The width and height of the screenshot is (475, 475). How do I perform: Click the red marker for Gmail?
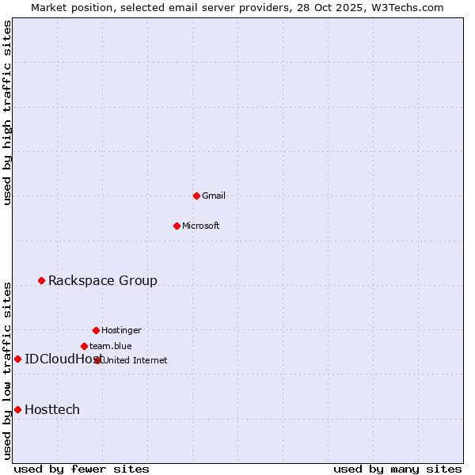tap(196, 196)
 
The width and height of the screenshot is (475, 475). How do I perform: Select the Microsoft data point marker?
tap(177, 226)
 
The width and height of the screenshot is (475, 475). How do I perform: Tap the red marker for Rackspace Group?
tap(41, 280)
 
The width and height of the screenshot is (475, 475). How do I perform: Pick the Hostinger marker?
tap(96, 330)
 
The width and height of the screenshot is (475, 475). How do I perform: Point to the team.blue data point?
tap(84, 346)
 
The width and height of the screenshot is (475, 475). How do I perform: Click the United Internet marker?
tap(98, 360)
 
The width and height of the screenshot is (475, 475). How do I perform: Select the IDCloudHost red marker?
tap(17, 359)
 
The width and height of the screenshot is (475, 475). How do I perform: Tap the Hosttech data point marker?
tap(17, 409)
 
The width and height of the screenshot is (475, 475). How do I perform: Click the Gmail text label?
tap(214, 196)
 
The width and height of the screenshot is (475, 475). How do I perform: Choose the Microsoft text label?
tap(200, 226)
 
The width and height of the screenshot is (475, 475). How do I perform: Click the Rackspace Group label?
tap(103, 280)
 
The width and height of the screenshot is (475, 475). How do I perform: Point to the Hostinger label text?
tap(121, 330)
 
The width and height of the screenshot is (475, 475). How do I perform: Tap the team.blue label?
tap(111, 346)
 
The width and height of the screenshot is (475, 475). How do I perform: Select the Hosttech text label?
tap(52, 409)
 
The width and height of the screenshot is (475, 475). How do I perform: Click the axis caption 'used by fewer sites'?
tap(82, 469)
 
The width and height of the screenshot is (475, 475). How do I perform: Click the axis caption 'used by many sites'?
tap(397, 469)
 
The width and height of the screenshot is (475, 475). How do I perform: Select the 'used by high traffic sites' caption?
tap(8, 112)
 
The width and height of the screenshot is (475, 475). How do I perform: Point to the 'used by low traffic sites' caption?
tap(8, 370)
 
